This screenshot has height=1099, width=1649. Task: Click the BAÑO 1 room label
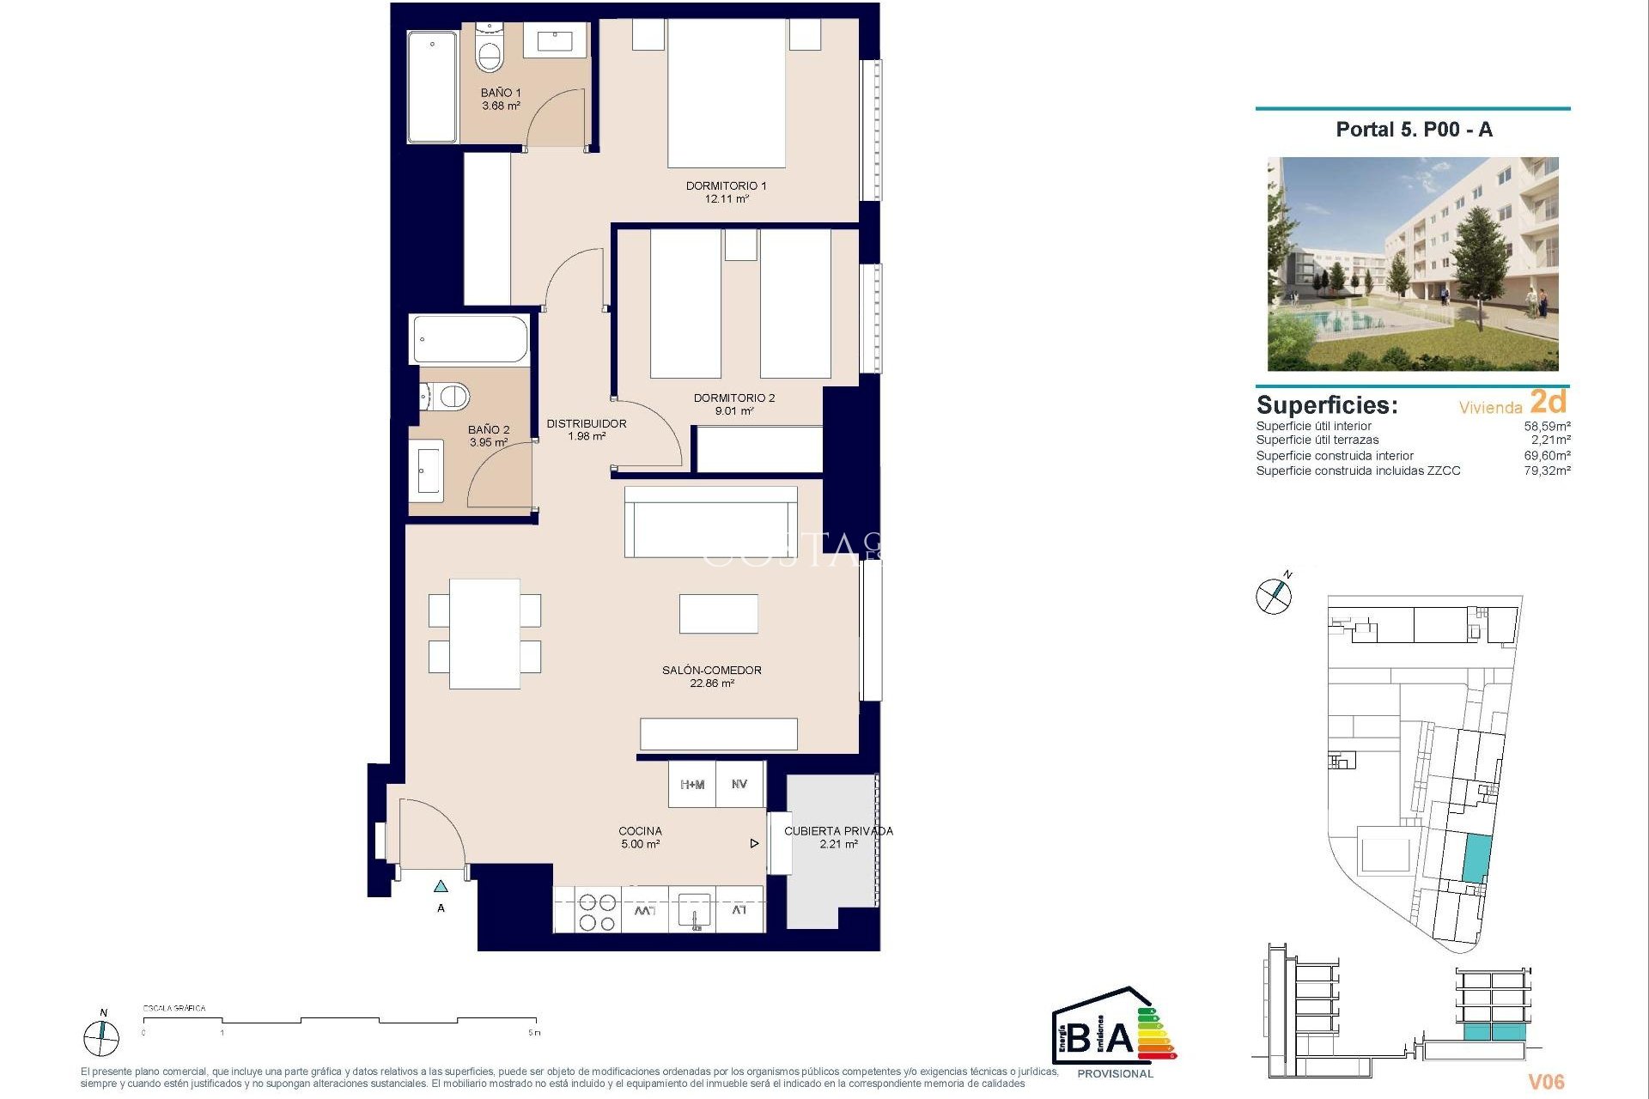500,93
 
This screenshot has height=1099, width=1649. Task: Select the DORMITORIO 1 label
726,185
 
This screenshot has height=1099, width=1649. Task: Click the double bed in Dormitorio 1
727,94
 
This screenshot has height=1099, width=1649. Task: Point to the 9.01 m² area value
734,411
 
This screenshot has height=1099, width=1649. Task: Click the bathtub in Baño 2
470,339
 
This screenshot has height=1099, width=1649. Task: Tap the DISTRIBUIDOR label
587,423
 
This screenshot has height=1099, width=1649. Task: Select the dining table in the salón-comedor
484,634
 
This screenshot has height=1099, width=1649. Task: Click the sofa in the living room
711,522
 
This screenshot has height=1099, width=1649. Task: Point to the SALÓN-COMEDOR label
711,670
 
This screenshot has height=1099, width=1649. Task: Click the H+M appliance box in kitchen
692,785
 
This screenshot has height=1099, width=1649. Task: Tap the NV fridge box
739,785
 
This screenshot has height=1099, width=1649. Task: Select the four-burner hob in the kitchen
597,912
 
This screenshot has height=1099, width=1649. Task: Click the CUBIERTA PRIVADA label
838,831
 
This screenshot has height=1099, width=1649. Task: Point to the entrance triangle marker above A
441,887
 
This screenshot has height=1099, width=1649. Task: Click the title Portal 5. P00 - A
1414,130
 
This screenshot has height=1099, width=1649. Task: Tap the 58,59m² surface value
1547,426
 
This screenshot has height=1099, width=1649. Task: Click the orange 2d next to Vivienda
1549,402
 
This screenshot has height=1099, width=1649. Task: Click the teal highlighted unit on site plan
1476,859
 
